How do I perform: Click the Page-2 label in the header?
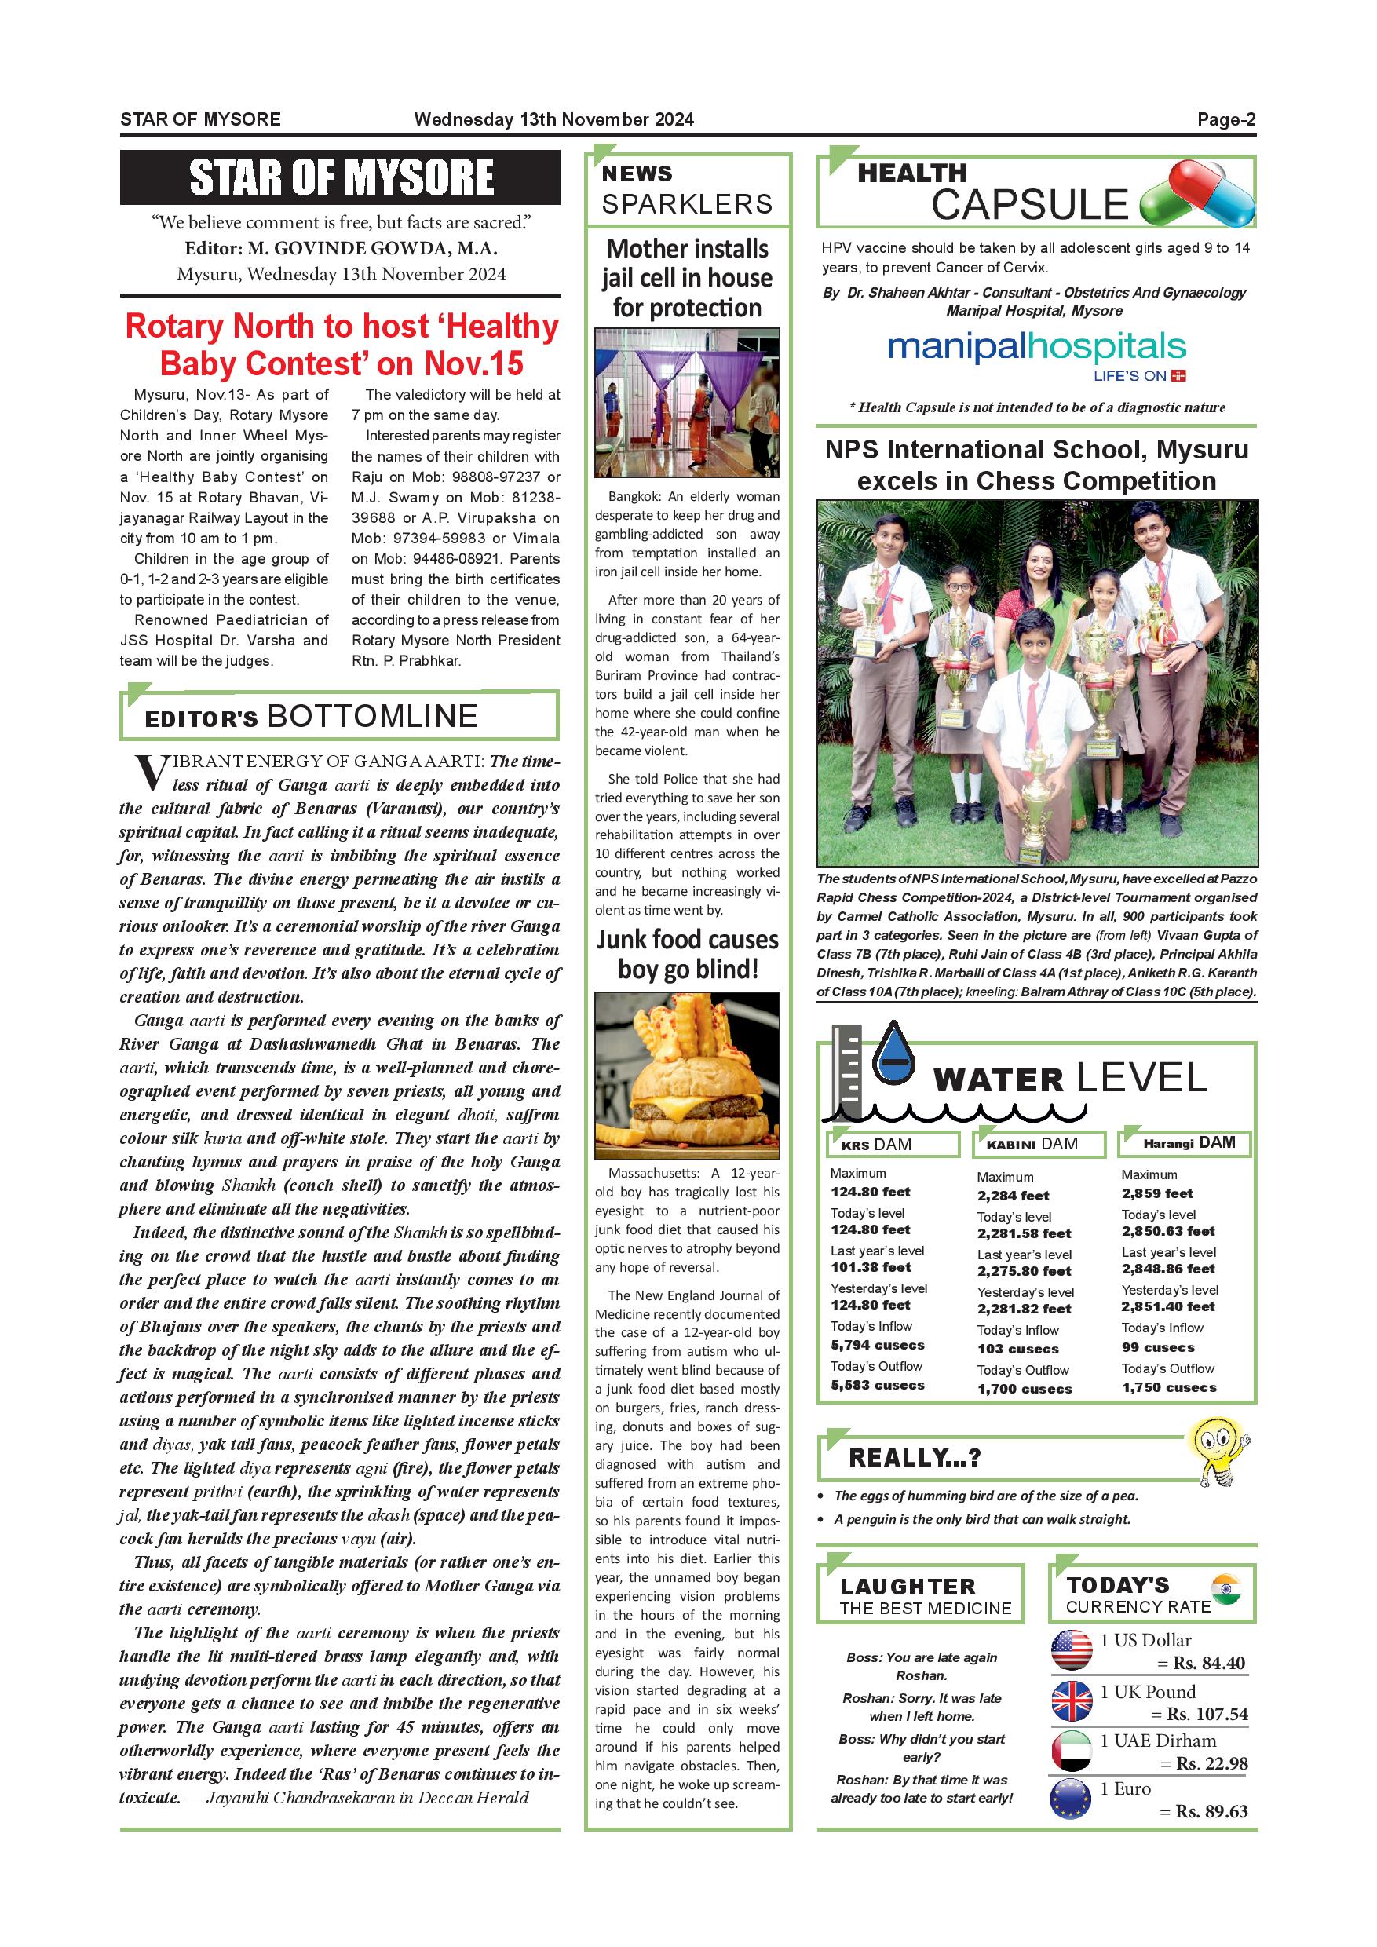pyautogui.click(x=1225, y=119)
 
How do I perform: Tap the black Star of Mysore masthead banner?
pyautogui.click(x=340, y=177)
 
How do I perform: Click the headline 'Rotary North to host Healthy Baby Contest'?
pyautogui.click(x=341, y=345)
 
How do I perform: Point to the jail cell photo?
pyautogui.click(x=687, y=402)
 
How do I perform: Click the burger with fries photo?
pyautogui.click(x=687, y=1076)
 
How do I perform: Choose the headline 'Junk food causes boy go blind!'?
pyautogui.click(x=687, y=954)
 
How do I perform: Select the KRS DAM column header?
pyautogui.click(x=893, y=1144)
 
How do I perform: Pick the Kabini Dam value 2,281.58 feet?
pyautogui.click(x=1024, y=1233)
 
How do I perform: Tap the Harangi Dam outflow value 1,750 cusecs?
pyautogui.click(x=1168, y=1387)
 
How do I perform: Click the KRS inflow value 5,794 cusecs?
pyautogui.click(x=877, y=1345)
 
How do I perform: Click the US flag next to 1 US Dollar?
pyautogui.click(x=1072, y=1650)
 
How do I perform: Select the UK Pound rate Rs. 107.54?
pyautogui.click(x=1207, y=1714)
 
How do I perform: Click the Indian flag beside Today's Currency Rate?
pyautogui.click(x=1226, y=1588)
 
